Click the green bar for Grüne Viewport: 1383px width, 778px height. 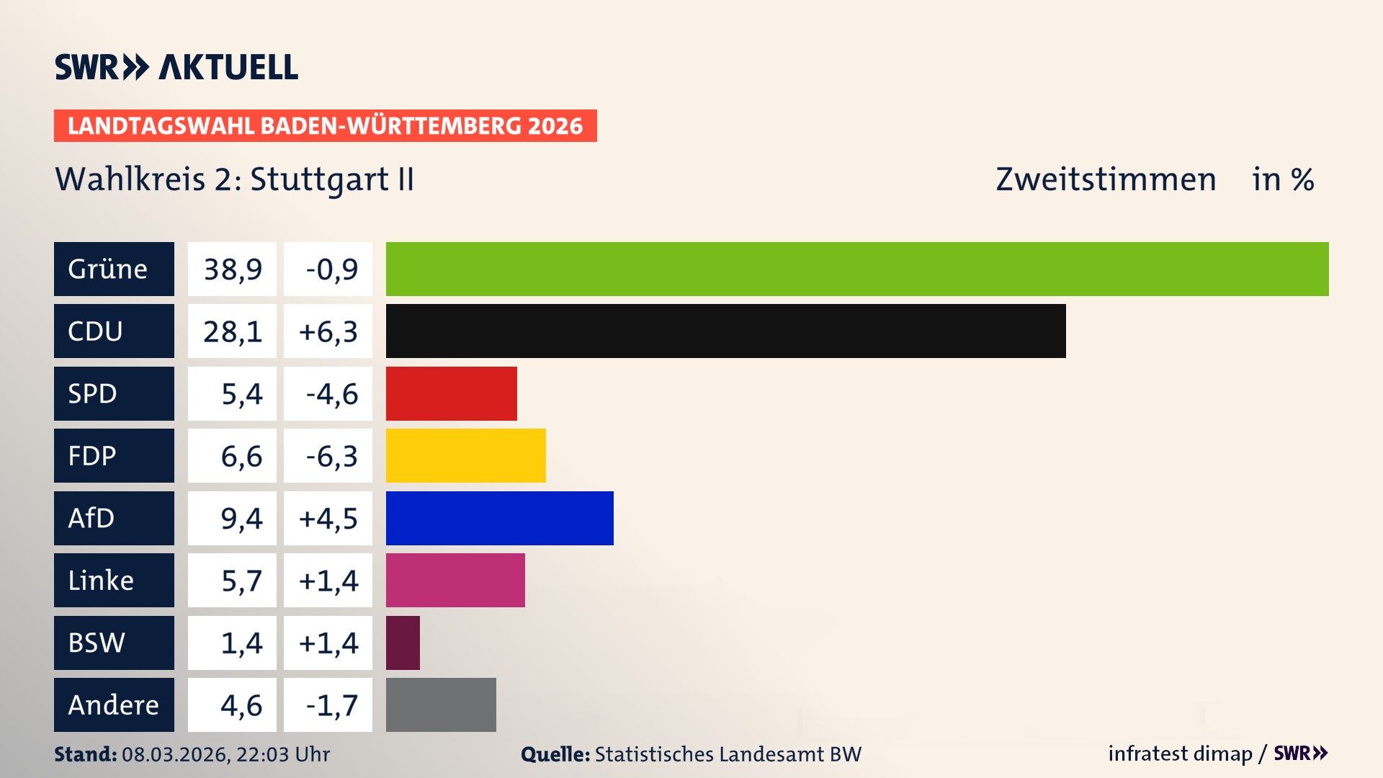pyautogui.click(x=857, y=269)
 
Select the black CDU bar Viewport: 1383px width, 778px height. pyautogui.click(x=725, y=331)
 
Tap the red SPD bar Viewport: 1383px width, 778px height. pyautogui.click(x=451, y=393)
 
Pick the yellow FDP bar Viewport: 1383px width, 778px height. pyautogui.click(x=465, y=455)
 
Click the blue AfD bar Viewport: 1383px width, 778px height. pyautogui.click(x=499, y=518)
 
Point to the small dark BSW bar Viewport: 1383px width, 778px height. pyautogui.click(x=403, y=643)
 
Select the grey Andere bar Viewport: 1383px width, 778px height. pyautogui.click(x=441, y=705)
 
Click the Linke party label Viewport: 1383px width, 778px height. pyautogui.click(x=114, y=580)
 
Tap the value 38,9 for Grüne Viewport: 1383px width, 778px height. pyautogui.click(x=232, y=269)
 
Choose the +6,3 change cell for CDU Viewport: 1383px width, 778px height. pyautogui.click(x=328, y=331)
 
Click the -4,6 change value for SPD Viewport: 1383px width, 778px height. pyautogui.click(x=328, y=393)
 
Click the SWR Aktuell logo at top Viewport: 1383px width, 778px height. pyautogui.click(x=176, y=67)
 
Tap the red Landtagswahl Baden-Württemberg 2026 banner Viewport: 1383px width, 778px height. pyautogui.click(x=325, y=125)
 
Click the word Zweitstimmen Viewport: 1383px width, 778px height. pyautogui.click(x=1106, y=179)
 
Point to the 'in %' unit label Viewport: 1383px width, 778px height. pyautogui.click(x=1283, y=179)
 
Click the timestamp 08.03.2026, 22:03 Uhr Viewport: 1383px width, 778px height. pyautogui.click(x=225, y=754)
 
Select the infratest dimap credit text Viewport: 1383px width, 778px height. pyautogui.click(x=1180, y=754)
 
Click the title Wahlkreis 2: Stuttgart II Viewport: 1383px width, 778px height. pyautogui.click(x=235, y=179)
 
